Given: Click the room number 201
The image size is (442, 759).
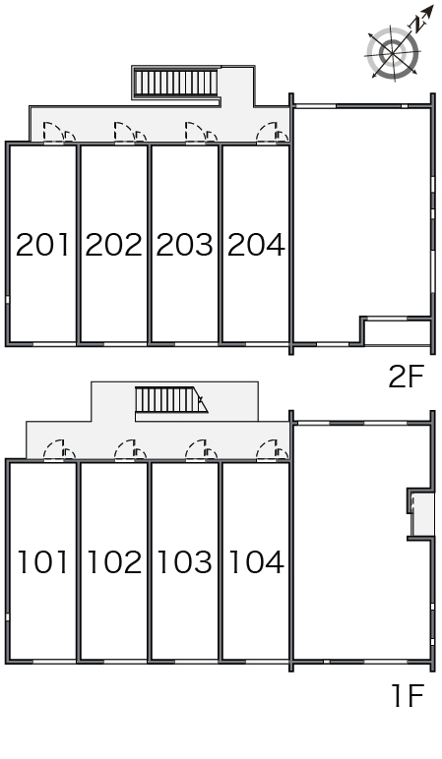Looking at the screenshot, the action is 42,245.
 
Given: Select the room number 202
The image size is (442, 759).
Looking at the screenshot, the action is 114,245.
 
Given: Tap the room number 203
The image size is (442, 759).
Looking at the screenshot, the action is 185,245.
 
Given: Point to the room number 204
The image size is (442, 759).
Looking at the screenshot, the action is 256,245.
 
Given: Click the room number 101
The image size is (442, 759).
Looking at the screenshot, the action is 42,562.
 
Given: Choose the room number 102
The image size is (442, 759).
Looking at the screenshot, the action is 114,562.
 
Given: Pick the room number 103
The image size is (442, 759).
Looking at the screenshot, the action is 185,562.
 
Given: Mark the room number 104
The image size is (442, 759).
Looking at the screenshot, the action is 256,562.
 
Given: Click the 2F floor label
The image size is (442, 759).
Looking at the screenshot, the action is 407,377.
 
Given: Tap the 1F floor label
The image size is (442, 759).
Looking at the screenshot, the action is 409,696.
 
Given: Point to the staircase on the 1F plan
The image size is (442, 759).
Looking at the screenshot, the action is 171,400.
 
